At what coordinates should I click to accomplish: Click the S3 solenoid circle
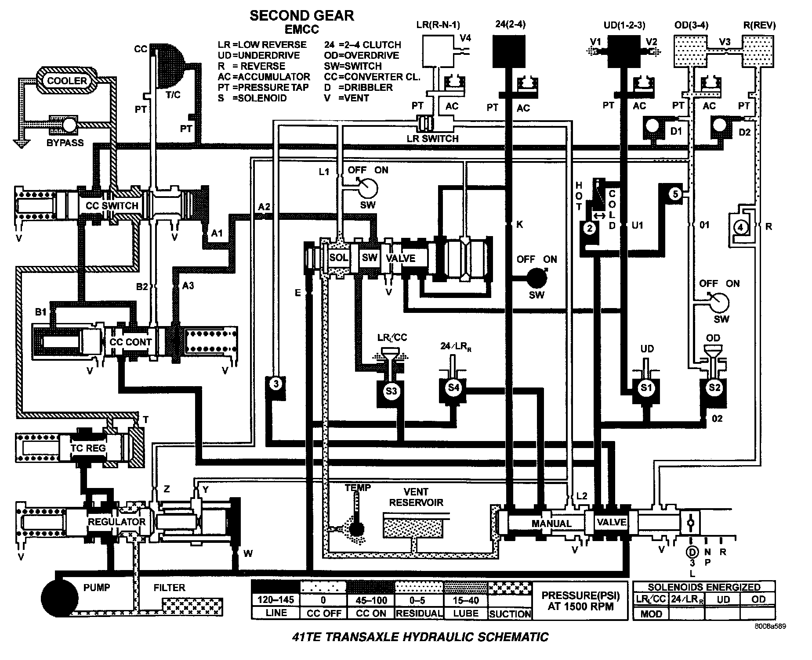(391, 391)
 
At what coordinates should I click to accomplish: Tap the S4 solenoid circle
(453, 387)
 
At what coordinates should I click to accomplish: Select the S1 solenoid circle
(646, 387)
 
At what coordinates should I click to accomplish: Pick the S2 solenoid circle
(715, 387)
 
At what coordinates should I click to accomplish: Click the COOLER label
(67, 81)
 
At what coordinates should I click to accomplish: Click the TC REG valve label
(88, 448)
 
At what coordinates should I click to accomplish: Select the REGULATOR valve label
(116, 522)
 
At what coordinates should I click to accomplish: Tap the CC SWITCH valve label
(112, 206)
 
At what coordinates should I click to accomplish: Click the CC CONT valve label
(130, 342)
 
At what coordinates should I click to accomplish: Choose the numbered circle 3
(276, 384)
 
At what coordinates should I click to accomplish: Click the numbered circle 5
(675, 194)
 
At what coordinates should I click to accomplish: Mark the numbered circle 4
(741, 227)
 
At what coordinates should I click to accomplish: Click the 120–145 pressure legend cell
(275, 600)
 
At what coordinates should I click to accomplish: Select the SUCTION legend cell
(510, 613)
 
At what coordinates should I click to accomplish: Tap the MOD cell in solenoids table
(651, 613)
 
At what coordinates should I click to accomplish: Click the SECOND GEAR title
(302, 16)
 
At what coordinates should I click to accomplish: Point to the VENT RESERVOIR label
(416, 497)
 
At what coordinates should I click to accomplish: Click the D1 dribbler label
(676, 131)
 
